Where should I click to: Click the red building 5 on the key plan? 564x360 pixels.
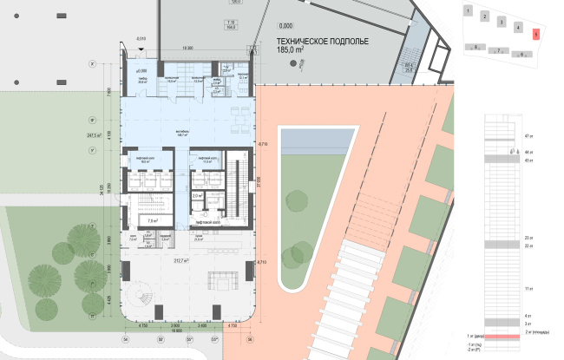pyautogui.click(x=536, y=35)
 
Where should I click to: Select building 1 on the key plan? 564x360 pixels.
pyautogui.click(x=467, y=12)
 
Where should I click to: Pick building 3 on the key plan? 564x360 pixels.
pyautogui.click(x=502, y=22)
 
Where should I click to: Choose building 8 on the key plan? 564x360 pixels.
pyautogui.click(x=472, y=47)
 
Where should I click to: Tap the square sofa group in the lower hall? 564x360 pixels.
pyautogui.click(x=225, y=282)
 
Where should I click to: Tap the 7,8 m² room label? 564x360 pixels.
pyautogui.click(x=153, y=221)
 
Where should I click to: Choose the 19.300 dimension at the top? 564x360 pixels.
pyautogui.click(x=187, y=49)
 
